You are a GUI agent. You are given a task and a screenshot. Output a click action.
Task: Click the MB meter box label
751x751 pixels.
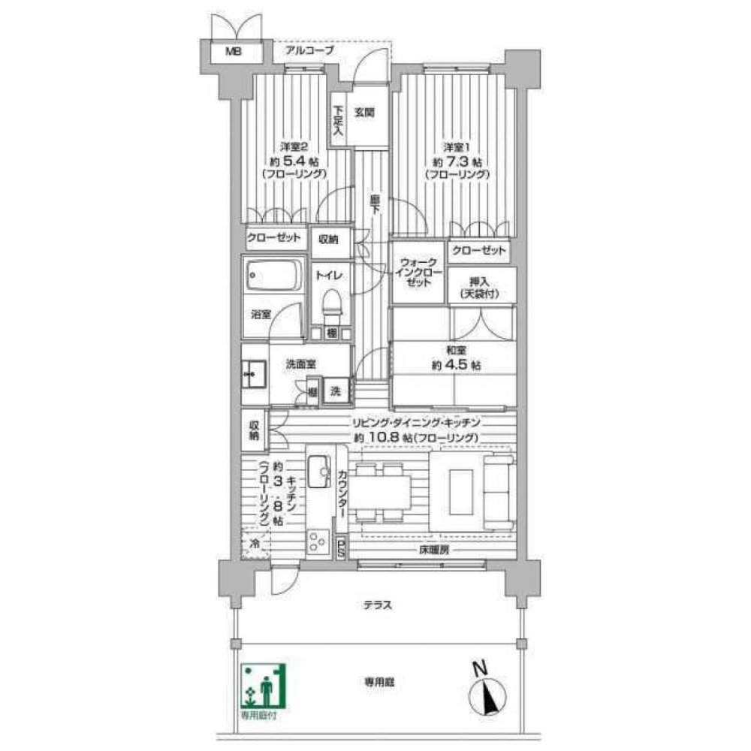pos(235,53)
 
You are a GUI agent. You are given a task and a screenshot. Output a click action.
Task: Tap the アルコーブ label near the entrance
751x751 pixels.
pos(309,51)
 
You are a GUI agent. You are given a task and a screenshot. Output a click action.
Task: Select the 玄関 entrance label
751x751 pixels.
pos(364,113)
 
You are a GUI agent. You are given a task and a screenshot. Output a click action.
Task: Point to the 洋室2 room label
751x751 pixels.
pos(294,145)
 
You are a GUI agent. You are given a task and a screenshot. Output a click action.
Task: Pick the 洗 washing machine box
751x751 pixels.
pos(336,391)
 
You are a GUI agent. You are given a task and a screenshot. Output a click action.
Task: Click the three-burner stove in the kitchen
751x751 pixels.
pos(318,541)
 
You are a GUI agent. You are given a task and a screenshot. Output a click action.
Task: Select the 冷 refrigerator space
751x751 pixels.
pos(255,543)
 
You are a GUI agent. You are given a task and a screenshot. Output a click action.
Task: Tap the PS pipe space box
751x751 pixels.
pos(341,548)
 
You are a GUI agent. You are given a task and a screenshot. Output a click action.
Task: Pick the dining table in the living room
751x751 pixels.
pos(383,493)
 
